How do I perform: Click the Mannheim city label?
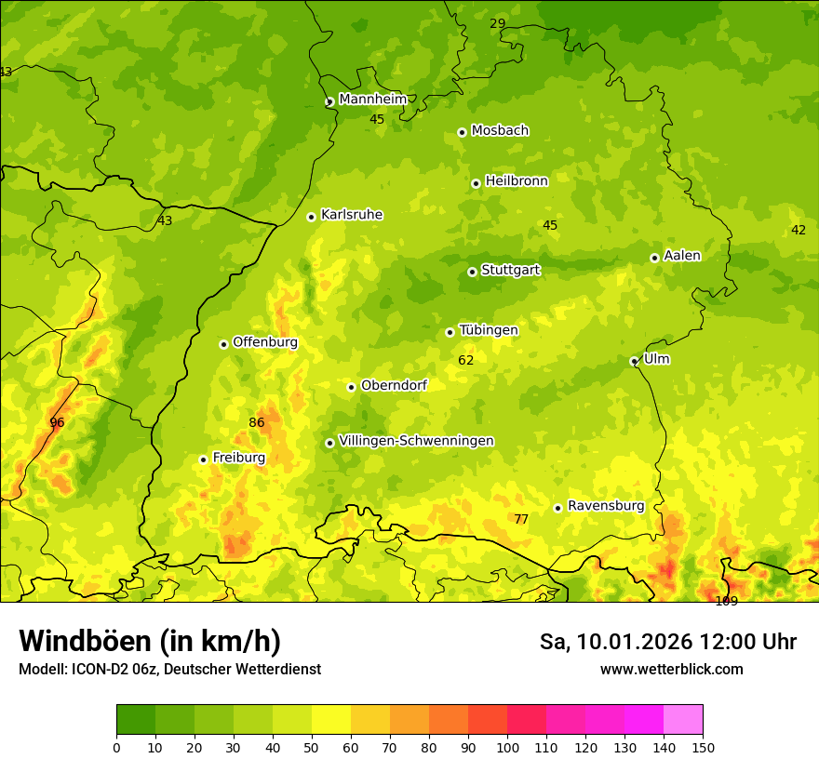click(372, 99)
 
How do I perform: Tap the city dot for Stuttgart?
click(472, 272)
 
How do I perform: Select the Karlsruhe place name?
click(351, 214)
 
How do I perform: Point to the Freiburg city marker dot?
click(203, 459)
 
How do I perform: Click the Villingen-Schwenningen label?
click(416, 440)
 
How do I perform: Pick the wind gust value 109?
click(726, 601)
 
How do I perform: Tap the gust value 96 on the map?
click(57, 422)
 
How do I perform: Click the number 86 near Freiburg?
click(257, 422)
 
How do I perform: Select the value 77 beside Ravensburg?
click(521, 519)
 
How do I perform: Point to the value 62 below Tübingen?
click(466, 360)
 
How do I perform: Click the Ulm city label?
click(656, 358)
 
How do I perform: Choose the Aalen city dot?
click(654, 258)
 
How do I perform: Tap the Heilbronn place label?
click(517, 180)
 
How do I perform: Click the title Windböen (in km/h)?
click(150, 641)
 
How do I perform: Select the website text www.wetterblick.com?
click(671, 669)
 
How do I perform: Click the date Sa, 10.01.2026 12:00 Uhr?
click(667, 642)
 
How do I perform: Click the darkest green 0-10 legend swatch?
click(136, 720)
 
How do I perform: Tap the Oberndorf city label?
click(394, 384)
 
